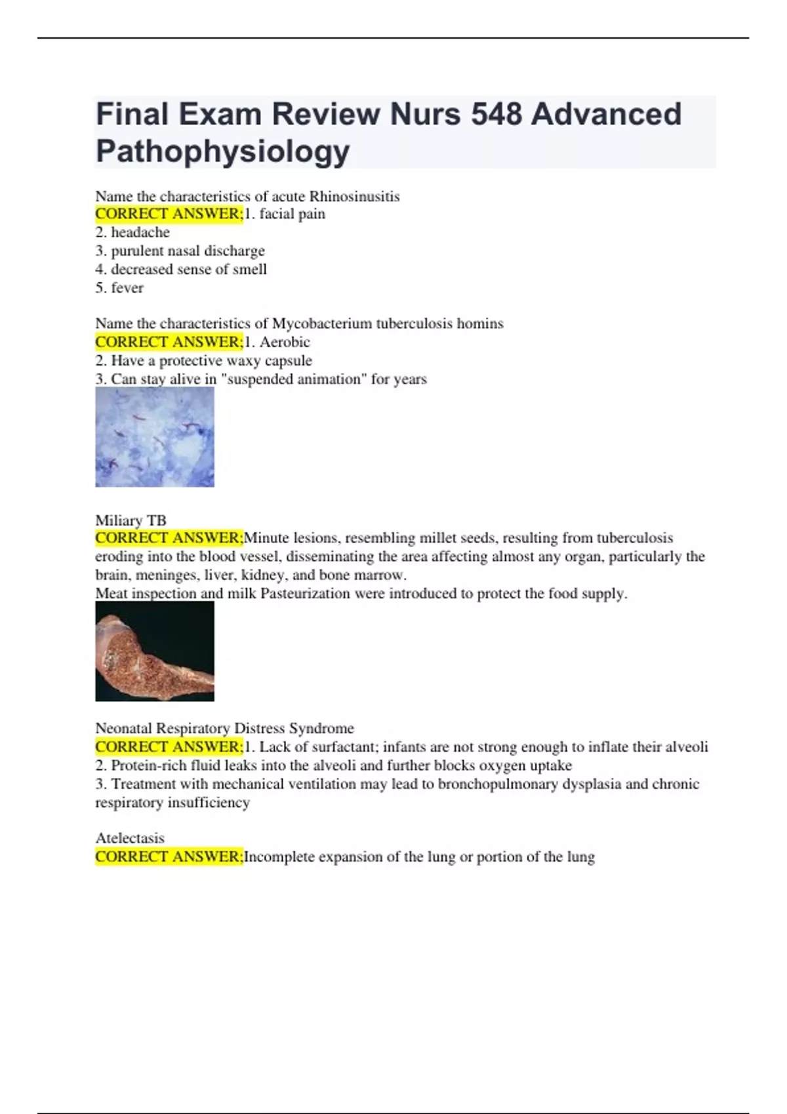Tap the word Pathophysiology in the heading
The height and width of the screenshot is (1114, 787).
tap(223, 151)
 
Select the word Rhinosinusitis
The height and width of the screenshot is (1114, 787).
tap(354, 197)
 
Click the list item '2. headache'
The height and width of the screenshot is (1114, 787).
tap(132, 232)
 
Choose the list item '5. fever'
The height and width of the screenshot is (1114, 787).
tap(119, 288)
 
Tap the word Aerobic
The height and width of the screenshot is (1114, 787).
tap(285, 342)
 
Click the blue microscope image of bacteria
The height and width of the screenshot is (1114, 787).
tap(155, 436)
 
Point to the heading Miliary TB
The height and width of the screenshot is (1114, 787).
tap(131, 520)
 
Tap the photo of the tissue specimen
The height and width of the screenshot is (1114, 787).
tap(155, 651)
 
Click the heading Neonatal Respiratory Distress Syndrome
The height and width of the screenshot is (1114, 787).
tap(224, 728)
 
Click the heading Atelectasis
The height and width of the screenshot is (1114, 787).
tap(130, 838)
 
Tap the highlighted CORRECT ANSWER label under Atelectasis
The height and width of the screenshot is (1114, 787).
tap(169, 856)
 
